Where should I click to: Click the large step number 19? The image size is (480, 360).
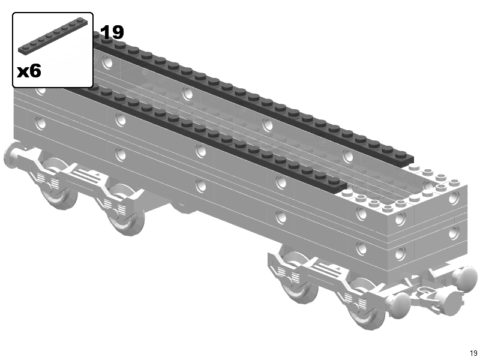click(112, 32)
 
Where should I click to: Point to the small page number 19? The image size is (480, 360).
click(473, 353)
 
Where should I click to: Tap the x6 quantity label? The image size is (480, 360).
click(29, 71)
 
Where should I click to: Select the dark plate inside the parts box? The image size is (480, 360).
click(53, 36)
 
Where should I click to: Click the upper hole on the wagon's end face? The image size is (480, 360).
click(454, 198)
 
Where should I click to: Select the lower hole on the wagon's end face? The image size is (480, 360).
click(454, 233)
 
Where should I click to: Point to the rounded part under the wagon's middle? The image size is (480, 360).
click(183, 208)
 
